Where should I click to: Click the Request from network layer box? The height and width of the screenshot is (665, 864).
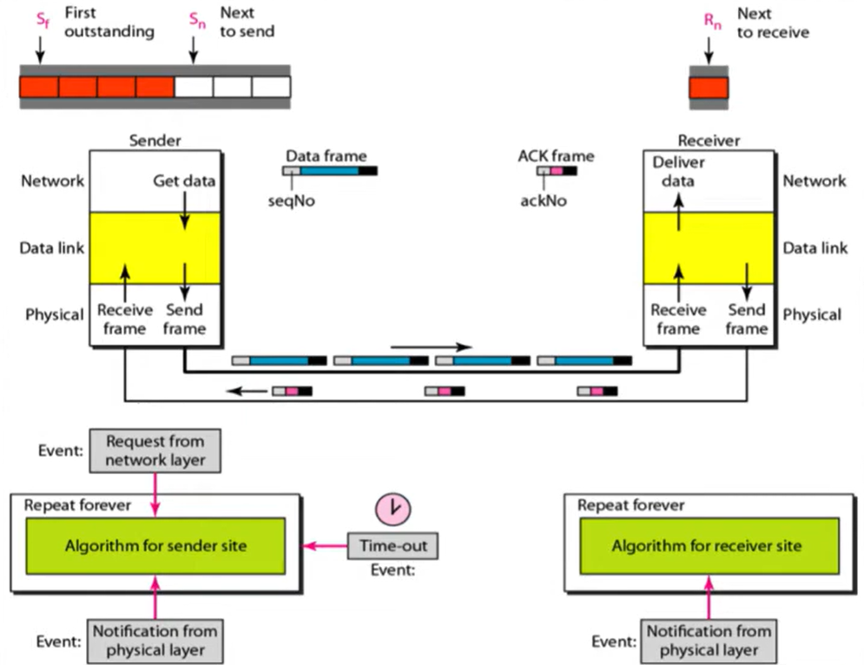click(x=154, y=451)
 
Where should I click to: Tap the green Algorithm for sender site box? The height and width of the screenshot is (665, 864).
click(x=155, y=546)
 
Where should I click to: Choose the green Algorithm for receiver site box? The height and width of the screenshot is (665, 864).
click(x=709, y=546)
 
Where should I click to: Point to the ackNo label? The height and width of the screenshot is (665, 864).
click(x=544, y=199)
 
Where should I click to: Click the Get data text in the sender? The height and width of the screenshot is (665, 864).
click(x=183, y=181)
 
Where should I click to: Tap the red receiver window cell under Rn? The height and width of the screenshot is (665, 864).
click(x=709, y=88)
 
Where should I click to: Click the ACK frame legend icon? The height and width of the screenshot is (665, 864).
click(x=556, y=172)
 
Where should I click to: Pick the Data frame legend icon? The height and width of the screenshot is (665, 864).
click(x=329, y=171)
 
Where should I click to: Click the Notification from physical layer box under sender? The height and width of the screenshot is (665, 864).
click(x=155, y=640)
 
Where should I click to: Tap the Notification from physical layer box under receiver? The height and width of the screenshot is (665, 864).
click(x=709, y=640)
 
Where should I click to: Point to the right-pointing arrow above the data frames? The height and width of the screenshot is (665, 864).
click(x=431, y=347)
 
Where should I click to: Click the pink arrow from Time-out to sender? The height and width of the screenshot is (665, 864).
click(x=325, y=546)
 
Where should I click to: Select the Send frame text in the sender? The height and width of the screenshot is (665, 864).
click(x=183, y=319)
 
